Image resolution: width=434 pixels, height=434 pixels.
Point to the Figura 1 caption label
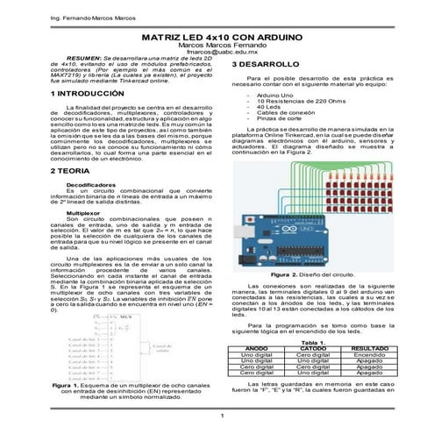tap(68, 385)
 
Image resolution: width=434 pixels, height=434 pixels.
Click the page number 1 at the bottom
tap(223, 415)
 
